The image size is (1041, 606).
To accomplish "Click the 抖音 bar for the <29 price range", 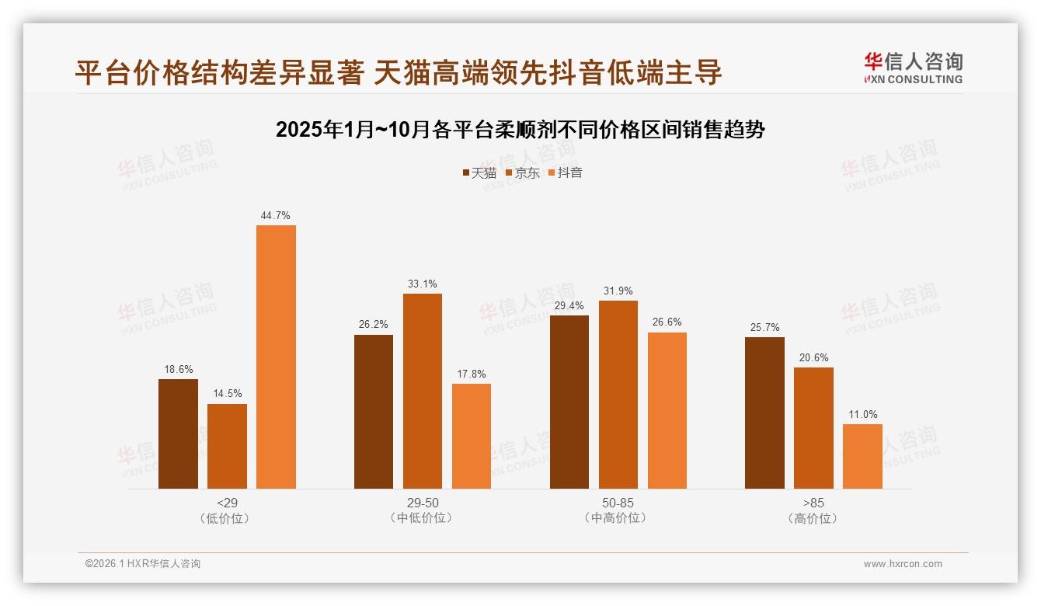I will tap(276, 357).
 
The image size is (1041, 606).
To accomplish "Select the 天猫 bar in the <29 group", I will tap(178, 434).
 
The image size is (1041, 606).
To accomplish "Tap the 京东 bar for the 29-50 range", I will tap(422, 391).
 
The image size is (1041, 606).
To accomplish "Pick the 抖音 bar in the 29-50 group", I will tap(471, 436).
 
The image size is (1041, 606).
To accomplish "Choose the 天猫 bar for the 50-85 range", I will tap(569, 402).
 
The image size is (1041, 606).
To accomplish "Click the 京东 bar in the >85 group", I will tap(813, 427).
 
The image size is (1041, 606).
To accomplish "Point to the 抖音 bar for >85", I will tap(862, 456).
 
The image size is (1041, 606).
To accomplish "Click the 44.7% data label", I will tap(276, 215).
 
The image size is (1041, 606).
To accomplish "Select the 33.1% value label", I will tap(422, 284).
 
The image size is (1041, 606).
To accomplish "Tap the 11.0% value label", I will tap(862, 414).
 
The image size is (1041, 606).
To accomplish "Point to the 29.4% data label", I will tap(569, 305).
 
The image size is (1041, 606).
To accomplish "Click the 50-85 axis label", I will tap(618, 503).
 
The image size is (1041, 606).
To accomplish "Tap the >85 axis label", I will tap(813, 503).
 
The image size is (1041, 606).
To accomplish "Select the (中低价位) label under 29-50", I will tap(422, 518).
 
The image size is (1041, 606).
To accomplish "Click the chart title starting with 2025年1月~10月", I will tap(520, 130).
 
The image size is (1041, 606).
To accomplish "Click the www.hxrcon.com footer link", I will tap(902, 564).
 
